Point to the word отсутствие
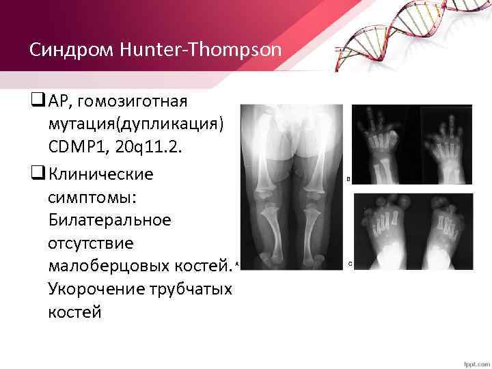87,243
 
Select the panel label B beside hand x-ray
348,180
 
